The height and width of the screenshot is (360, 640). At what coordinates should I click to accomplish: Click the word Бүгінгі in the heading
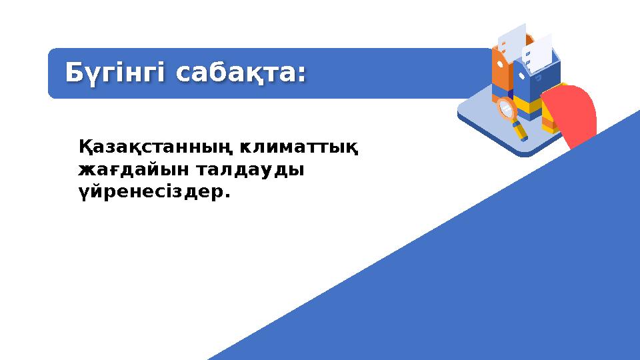(x=113, y=73)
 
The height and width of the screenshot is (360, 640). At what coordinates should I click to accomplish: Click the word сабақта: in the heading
(x=240, y=73)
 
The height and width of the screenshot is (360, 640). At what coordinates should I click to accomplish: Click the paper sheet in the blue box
(x=539, y=50)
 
